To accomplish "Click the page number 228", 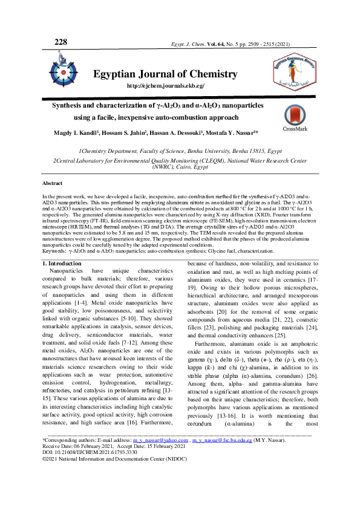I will (x=61, y=42).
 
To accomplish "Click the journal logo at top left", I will (x=64, y=70).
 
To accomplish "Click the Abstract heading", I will (x=52, y=183).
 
